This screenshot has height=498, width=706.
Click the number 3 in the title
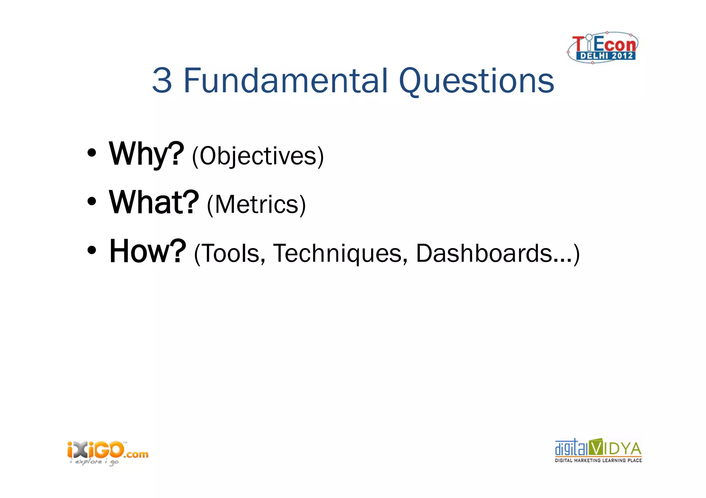[162, 81]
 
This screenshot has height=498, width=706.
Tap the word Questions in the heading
[476, 81]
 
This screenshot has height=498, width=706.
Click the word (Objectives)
[258, 156]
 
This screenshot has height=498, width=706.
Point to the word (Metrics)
[256, 205]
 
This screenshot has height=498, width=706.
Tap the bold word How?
[148, 251]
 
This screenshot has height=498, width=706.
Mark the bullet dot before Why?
[91, 153]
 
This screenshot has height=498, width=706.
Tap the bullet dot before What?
[91, 202]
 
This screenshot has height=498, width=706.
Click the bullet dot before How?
[91, 251]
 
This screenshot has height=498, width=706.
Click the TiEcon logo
[603, 47]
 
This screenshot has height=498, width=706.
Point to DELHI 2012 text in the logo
[607, 56]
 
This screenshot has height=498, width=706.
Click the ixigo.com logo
[108, 450]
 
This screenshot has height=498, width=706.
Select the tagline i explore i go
[94, 462]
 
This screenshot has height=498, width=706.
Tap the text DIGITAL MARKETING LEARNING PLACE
[598, 460]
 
